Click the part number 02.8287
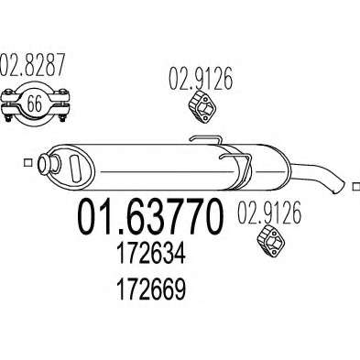coord(33,64)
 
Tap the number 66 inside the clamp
coord(34,104)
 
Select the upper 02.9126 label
coord(201,78)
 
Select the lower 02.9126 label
coord(269,213)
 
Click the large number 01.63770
coord(150,217)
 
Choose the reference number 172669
coord(151,289)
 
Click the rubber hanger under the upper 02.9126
coord(202,106)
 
